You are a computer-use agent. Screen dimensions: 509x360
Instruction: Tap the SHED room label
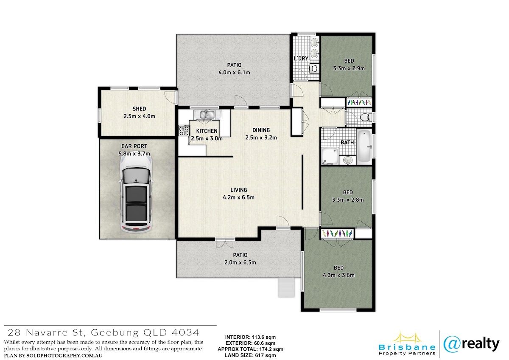139,109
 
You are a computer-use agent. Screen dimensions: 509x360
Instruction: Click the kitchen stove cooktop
184,131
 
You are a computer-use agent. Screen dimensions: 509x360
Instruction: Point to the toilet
366,117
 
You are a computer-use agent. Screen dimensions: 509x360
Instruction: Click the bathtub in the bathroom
364,146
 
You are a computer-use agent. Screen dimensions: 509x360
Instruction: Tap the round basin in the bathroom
348,160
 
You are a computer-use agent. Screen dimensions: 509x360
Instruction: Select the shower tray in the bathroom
330,156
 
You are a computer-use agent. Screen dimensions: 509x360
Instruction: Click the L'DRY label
301,59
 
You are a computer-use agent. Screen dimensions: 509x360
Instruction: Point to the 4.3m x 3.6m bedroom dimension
338,276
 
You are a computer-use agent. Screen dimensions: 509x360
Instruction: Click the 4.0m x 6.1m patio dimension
234,73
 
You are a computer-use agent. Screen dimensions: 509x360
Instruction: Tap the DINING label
261,130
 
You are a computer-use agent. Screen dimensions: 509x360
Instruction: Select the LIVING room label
238,190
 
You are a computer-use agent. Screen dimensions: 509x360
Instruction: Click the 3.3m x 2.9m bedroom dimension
349,68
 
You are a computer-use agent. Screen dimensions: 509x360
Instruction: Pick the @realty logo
471,345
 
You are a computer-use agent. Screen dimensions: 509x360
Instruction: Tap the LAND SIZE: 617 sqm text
250,355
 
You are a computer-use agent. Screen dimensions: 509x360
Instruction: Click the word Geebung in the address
115,333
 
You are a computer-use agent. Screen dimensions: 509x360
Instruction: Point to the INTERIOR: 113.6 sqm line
250,337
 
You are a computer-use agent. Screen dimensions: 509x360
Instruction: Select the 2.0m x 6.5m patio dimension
240,262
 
